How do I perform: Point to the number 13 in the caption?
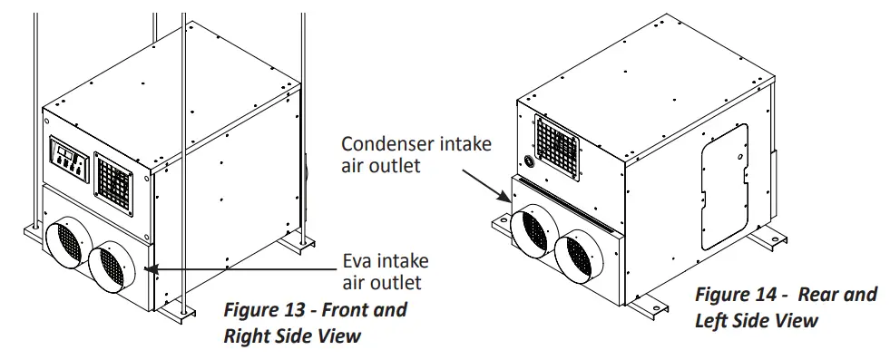pyautogui.click(x=290, y=310)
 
